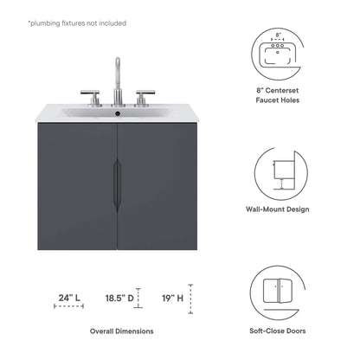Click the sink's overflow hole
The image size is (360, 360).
pyautogui.click(x=119, y=112)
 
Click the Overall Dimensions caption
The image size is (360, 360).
pyautogui.click(x=122, y=331)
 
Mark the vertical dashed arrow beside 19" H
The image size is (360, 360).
pyautogui.click(x=190, y=300)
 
